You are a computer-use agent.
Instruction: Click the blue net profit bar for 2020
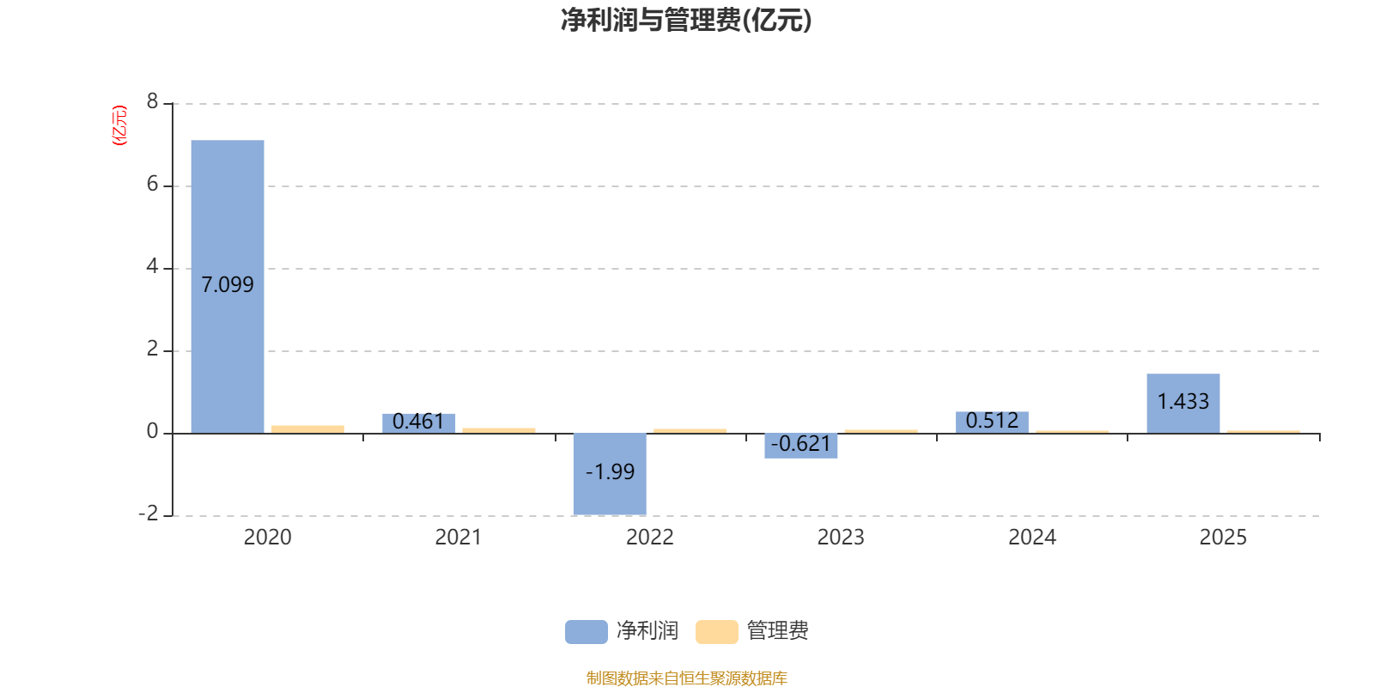[x=228, y=215]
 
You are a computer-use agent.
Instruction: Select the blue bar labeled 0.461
[x=418, y=423]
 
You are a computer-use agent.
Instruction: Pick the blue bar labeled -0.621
[x=800, y=446]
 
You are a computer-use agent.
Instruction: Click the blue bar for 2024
[x=992, y=423]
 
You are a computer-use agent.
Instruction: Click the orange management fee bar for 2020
[x=307, y=429]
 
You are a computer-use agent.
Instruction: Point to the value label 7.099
[x=228, y=284]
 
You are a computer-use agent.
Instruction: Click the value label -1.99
[x=610, y=471]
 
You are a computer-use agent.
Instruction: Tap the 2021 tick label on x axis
[x=458, y=538]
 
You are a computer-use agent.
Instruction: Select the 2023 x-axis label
[x=841, y=538]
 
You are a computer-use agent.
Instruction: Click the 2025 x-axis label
[x=1223, y=538]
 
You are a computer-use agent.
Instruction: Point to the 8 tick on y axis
[x=153, y=102]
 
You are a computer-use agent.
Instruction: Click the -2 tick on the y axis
[x=149, y=514]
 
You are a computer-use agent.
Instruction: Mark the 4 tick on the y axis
[x=153, y=267]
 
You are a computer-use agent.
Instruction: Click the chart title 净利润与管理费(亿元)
[x=686, y=20]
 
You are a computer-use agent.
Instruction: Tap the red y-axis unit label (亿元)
[x=119, y=126]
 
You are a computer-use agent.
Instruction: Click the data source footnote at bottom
[x=686, y=678]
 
